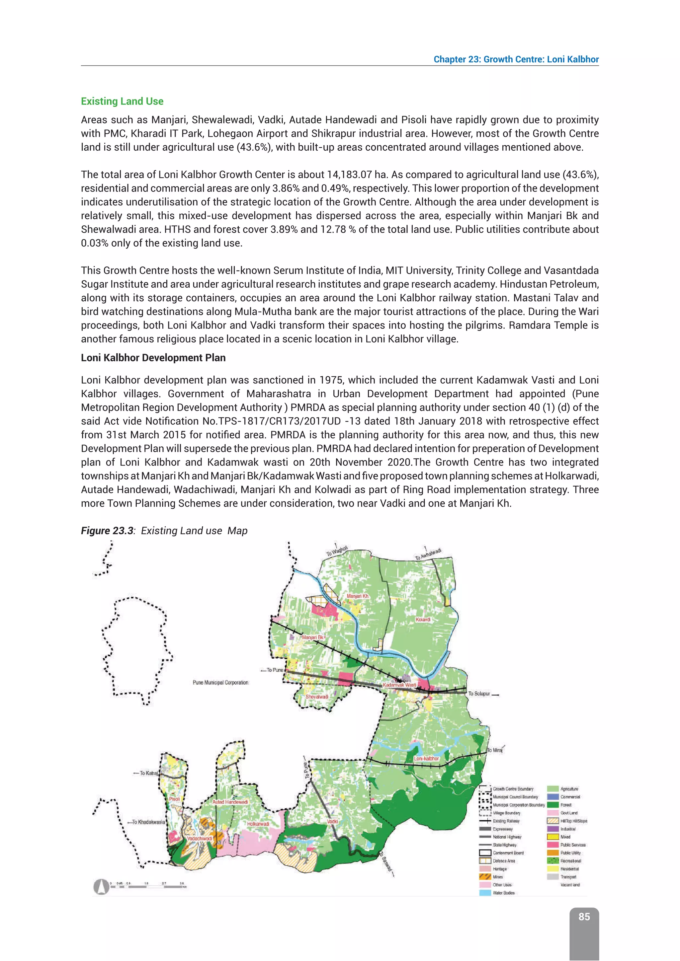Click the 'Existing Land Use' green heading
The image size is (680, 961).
tap(122, 101)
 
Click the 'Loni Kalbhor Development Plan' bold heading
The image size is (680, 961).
tap(153, 358)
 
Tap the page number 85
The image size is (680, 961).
tap(584, 917)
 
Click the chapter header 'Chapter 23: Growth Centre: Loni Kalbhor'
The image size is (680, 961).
tap(516, 59)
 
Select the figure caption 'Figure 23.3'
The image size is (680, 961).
tap(107, 531)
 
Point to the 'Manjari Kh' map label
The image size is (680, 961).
tap(358, 596)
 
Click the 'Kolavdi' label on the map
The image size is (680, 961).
tap(423, 620)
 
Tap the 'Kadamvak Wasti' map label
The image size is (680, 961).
tap(399, 685)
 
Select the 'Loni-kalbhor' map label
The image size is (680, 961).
tap(426, 759)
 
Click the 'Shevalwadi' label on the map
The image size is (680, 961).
tap(316, 697)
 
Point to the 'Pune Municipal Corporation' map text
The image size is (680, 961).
tap(220, 683)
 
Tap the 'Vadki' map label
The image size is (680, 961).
tap(332, 822)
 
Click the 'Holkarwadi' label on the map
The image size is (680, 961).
tap(258, 824)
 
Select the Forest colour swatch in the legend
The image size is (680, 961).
tap(553, 805)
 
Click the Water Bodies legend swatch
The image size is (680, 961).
tap(485, 893)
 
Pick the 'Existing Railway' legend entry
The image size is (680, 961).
tap(506, 821)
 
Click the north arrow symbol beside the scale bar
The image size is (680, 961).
tap(101, 886)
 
